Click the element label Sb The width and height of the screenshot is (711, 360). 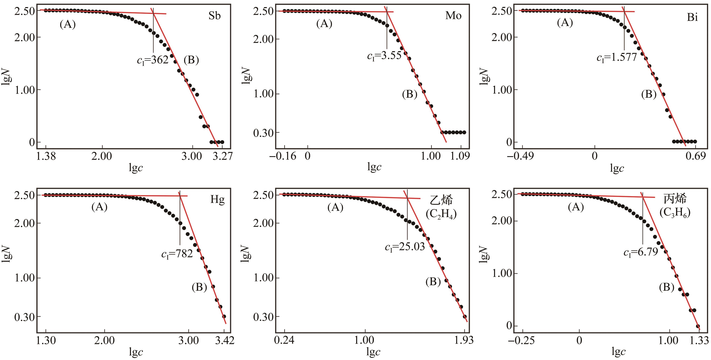tap(214, 16)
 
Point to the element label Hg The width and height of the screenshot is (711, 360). tap(217, 199)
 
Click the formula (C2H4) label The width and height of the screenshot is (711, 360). tap(441, 214)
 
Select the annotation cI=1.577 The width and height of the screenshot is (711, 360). tap(617, 57)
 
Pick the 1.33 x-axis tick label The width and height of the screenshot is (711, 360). tap(699, 341)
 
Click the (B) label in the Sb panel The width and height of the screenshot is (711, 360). tap(191, 60)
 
